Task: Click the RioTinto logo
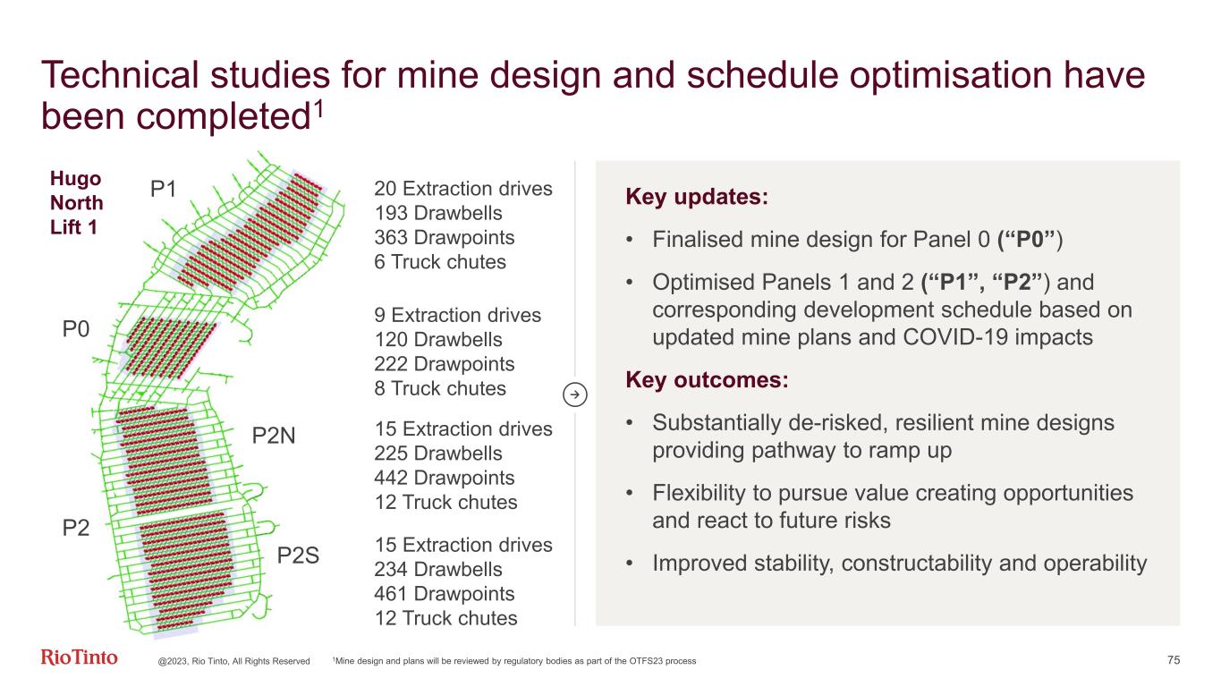point(79,657)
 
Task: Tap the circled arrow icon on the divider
point(574,394)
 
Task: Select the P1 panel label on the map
point(163,190)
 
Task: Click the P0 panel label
point(76,329)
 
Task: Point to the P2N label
point(274,436)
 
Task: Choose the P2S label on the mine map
point(298,555)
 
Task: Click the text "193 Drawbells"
point(438,213)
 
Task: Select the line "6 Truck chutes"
point(440,262)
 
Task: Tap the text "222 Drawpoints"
point(445,364)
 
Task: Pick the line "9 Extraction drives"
point(457,315)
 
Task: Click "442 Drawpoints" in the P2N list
point(445,478)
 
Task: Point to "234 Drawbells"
point(438,569)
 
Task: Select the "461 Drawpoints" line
point(445,594)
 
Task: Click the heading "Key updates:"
point(697,197)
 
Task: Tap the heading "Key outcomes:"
point(707,379)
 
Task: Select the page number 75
point(1174,660)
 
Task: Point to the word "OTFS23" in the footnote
point(644,661)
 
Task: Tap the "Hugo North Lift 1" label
point(76,203)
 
